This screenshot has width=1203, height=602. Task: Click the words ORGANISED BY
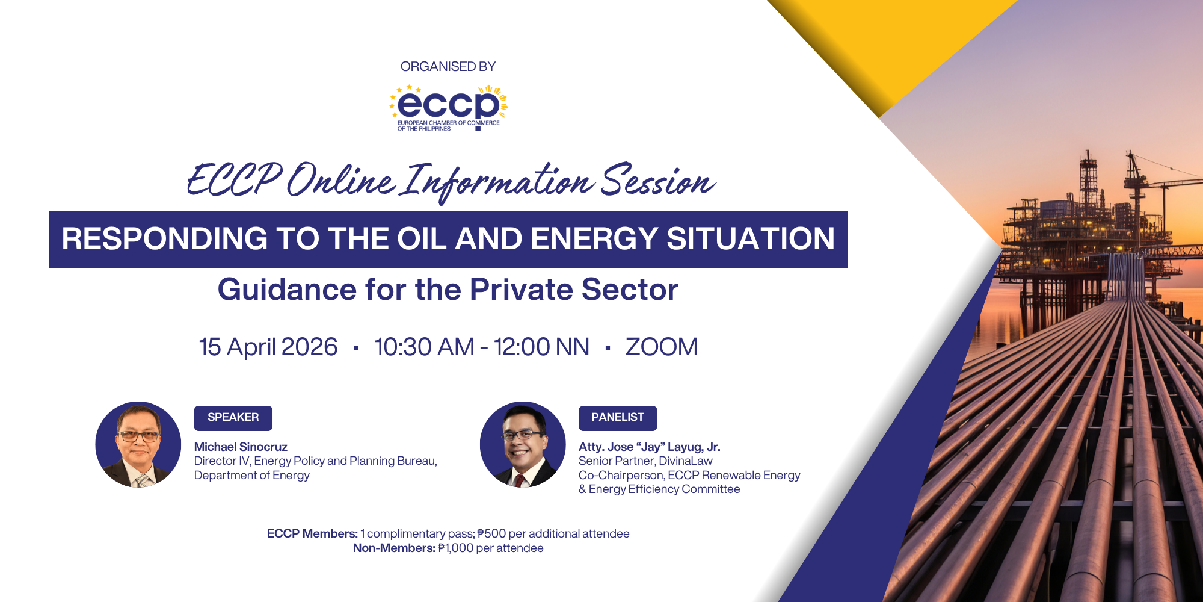(x=448, y=66)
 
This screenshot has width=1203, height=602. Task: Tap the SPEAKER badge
(x=233, y=418)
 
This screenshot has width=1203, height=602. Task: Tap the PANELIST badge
(x=617, y=418)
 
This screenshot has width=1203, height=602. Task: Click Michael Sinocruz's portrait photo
(x=138, y=444)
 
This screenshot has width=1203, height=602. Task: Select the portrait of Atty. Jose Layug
(x=522, y=444)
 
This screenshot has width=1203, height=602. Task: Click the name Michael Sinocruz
(x=241, y=447)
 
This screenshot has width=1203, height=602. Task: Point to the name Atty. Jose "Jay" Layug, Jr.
(x=649, y=447)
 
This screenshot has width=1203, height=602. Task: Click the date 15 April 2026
(x=268, y=347)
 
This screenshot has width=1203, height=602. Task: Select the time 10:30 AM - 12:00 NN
(x=481, y=347)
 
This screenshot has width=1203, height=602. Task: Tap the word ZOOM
(x=661, y=347)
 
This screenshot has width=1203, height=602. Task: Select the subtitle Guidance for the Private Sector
(x=448, y=289)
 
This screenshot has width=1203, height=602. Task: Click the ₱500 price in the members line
(x=491, y=533)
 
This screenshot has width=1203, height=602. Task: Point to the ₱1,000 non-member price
(x=455, y=548)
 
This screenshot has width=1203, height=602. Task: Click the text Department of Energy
(x=251, y=475)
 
